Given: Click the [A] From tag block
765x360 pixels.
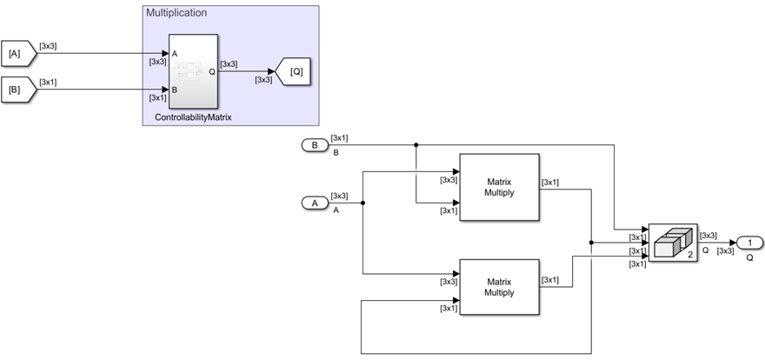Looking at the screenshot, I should click(x=16, y=54).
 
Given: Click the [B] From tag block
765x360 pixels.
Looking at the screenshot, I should click(x=16, y=88).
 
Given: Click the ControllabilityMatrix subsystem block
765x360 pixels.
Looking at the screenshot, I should click(x=187, y=71).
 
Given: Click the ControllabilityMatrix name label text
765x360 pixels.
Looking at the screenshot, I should click(x=187, y=117).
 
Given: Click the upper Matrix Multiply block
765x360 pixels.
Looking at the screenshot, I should click(x=499, y=187).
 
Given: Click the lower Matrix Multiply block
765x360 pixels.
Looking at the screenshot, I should click(x=499, y=287).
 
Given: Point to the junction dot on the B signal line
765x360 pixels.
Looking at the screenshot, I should click(x=416, y=144).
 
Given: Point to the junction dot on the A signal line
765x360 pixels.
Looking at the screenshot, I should click(x=362, y=203).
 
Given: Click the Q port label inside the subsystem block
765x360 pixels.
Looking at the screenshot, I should click(x=211, y=71).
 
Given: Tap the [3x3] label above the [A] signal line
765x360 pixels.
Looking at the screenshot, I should click(x=49, y=45).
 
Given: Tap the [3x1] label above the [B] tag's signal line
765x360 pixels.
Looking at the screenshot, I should click(x=49, y=80).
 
